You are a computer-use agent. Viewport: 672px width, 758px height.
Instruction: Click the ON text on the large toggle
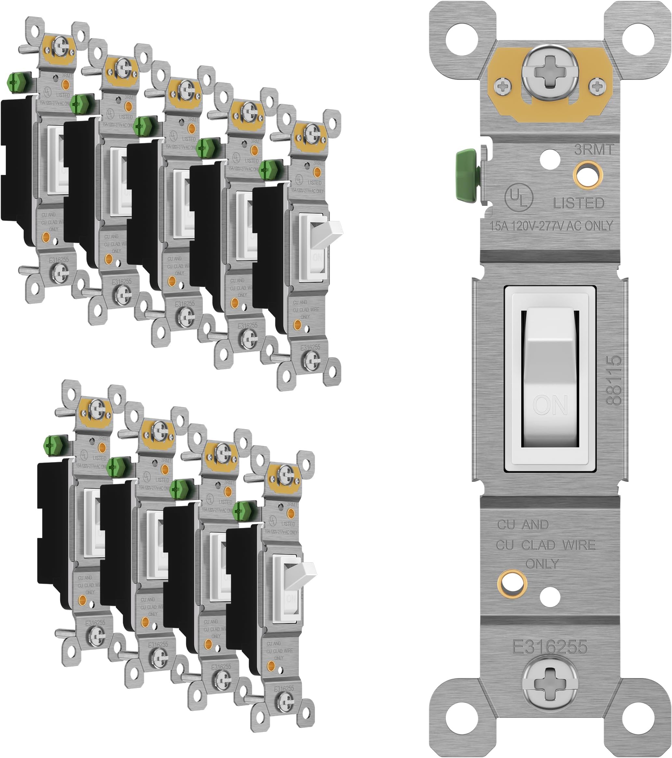550,405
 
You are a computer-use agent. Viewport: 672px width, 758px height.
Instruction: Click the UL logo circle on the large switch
518,197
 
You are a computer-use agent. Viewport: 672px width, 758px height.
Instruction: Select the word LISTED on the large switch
579,203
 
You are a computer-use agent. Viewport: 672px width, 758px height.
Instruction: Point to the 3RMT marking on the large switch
594,149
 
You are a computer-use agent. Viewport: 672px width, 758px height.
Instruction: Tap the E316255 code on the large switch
550,647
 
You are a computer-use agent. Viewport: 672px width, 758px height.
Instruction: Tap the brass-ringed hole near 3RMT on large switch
587,174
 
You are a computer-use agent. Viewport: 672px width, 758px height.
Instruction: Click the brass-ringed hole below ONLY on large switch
512,584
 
